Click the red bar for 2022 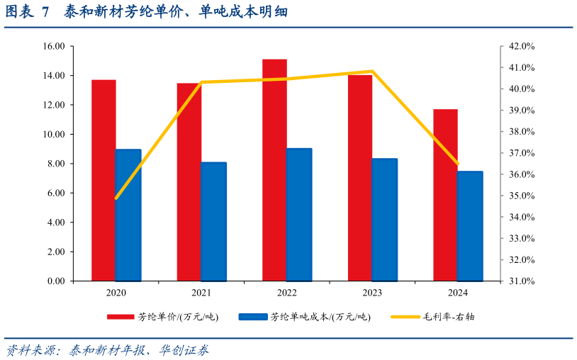pyautogui.click(x=274, y=170)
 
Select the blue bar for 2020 pyautogui.click(x=128, y=215)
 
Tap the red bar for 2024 pyautogui.click(x=445, y=195)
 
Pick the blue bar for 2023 pyautogui.click(x=384, y=220)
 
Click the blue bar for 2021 pyautogui.click(x=213, y=221)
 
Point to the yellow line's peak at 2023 pyautogui.click(x=372, y=72)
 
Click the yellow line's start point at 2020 pyautogui.click(x=116, y=198)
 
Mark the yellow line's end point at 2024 pyautogui.click(x=457, y=164)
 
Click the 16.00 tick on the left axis pyautogui.click(x=54, y=46)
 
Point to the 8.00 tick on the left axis pyautogui.click(x=55, y=164)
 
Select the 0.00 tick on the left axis pyautogui.click(x=55, y=281)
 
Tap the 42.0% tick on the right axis pyautogui.click(x=522, y=46)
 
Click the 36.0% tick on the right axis pyautogui.click(x=522, y=174)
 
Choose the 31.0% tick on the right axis pyautogui.click(x=522, y=281)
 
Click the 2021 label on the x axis pyautogui.click(x=201, y=293)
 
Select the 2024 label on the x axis pyautogui.click(x=457, y=293)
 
